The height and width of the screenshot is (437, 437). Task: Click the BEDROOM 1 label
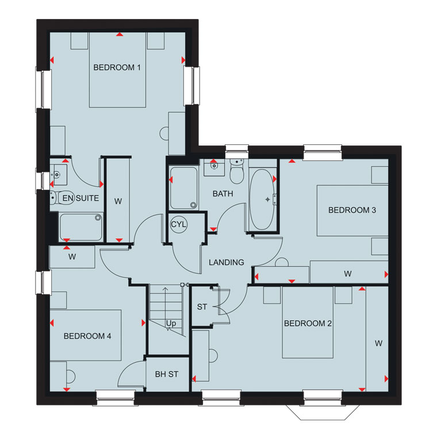(117, 67)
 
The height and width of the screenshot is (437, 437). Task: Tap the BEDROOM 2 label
(308, 323)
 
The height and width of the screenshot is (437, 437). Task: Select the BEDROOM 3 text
(352, 210)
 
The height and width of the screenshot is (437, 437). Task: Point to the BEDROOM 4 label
(87, 336)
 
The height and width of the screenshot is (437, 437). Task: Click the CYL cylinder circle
(178, 224)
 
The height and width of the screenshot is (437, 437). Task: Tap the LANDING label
(227, 262)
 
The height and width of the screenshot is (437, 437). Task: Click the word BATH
(223, 194)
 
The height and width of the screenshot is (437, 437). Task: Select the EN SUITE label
(80, 198)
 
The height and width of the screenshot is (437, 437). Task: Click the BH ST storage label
(167, 374)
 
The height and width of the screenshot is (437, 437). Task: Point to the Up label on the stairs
(171, 323)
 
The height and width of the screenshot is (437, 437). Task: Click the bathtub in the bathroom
(262, 200)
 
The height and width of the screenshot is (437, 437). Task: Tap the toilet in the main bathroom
(237, 171)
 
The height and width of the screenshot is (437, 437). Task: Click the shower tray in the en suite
(81, 227)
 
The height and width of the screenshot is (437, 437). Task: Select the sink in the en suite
(59, 175)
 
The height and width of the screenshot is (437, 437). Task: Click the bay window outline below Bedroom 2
(323, 412)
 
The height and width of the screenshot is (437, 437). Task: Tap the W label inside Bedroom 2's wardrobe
(378, 343)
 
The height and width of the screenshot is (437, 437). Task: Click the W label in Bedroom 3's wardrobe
(347, 274)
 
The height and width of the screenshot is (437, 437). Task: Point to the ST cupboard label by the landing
(202, 307)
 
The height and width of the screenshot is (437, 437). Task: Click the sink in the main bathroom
(214, 167)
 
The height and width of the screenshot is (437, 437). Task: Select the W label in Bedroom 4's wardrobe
(72, 256)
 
